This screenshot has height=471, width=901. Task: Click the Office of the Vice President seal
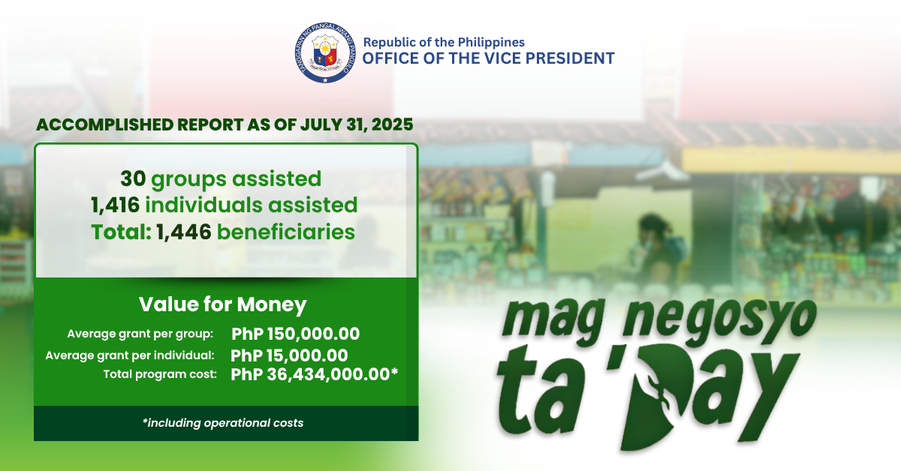pyautogui.click(x=325, y=52)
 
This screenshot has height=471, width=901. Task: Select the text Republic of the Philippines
pyautogui.click(x=444, y=42)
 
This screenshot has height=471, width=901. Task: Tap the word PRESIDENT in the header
pyautogui.click(x=570, y=58)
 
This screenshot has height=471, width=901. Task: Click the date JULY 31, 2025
pyautogui.click(x=357, y=125)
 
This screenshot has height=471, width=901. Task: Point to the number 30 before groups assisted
pyautogui.click(x=133, y=178)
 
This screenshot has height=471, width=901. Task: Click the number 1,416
pyautogui.click(x=116, y=205)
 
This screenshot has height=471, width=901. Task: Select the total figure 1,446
pyautogui.click(x=184, y=232)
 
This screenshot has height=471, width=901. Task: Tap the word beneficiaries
pyautogui.click(x=286, y=232)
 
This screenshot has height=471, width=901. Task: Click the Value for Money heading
pyautogui.click(x=223, y=304)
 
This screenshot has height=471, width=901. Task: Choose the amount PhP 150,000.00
pyautogui.click(x=296, y=334)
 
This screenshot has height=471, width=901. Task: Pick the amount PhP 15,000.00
pyautogui.click(x=289, y=355)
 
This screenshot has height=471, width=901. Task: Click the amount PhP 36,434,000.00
pyautogui.click(x=310, y=374)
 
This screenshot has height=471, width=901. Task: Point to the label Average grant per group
pyautogui.click(x=140, y=334)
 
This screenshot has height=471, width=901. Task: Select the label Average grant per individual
pyautogui.click(x=129, y=355)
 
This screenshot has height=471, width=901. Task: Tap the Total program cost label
pyautogui.click(x=160, y=374)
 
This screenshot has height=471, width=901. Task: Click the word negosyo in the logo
pyautogui.click(x=719, y=322)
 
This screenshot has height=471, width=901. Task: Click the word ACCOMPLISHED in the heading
pyautogui.click(x=105, y=125)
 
